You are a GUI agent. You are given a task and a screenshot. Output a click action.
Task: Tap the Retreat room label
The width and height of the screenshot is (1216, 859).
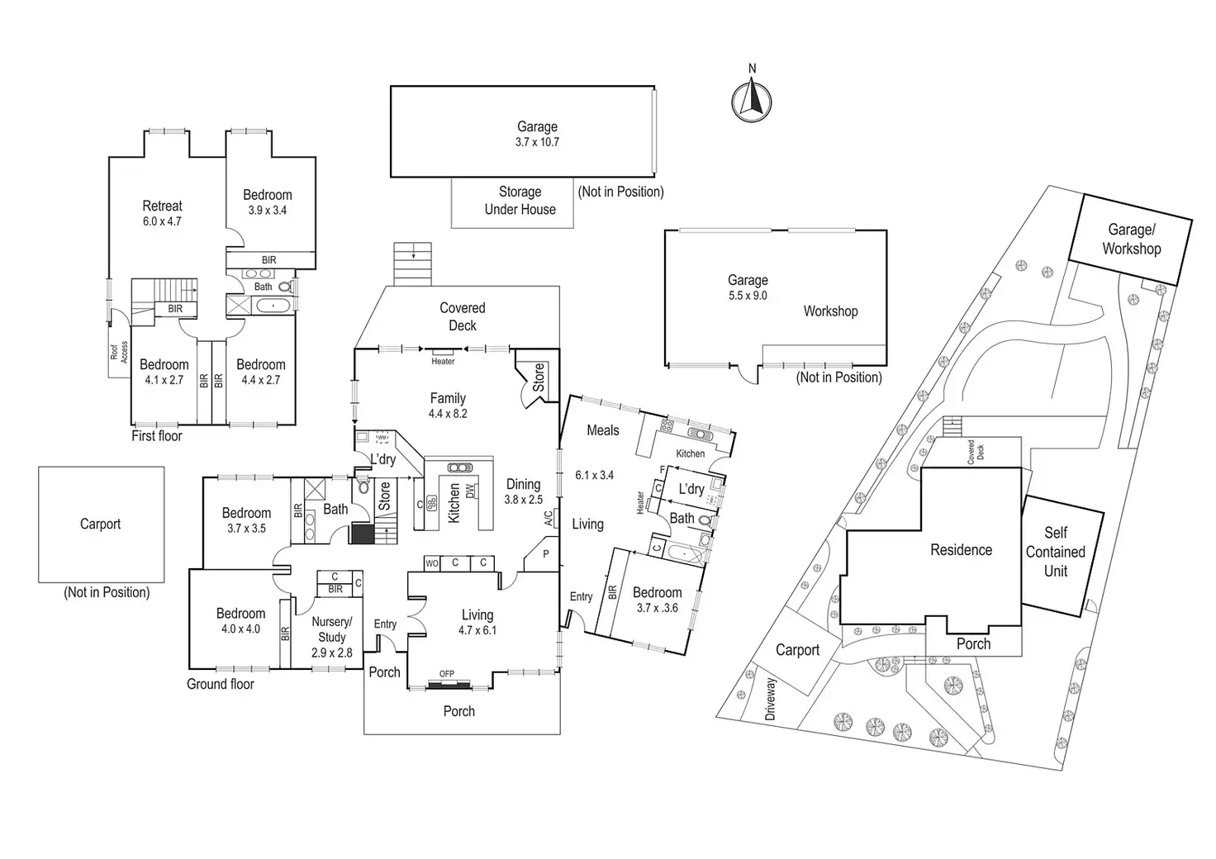(x=162, y=206)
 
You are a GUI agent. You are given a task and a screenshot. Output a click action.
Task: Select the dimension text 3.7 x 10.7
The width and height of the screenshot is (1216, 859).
(x=537, y=142)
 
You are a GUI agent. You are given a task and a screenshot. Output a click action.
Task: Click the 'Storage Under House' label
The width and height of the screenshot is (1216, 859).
(x=520, y=201)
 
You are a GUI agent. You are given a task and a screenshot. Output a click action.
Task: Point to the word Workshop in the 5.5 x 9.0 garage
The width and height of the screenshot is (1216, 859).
(x=830, y=311)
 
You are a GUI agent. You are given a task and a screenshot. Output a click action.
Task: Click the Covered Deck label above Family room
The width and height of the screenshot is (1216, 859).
(x=462, y=316)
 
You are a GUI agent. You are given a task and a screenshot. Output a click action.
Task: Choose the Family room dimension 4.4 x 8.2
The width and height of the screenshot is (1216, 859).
(x=448, y=414)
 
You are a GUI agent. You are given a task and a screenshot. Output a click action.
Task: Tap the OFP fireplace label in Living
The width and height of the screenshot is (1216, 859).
(x=447, y=674)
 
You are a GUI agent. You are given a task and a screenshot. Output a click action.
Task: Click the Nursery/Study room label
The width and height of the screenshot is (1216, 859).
(x=332, y=629)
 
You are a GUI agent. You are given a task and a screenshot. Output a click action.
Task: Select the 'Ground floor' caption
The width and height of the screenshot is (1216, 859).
(x=221, y=684)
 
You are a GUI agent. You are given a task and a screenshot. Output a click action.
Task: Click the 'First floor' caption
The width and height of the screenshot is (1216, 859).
(x=157, y=435)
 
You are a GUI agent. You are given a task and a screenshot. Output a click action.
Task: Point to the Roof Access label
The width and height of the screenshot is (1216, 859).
(x=120, y=352)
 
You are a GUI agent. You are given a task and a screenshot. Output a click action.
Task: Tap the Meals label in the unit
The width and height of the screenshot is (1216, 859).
(x=603, y=430)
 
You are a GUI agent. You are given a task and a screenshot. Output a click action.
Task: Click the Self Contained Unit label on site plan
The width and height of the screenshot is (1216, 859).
(x=1056, y=552)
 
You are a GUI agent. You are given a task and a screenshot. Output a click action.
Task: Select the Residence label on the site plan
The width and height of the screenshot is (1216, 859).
(x=961, y=550)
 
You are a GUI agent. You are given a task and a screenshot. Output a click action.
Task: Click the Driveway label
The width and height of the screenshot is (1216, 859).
(x=771, y=700)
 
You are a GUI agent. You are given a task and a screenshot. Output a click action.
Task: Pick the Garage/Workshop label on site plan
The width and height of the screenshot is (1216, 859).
(x=1131, y=240)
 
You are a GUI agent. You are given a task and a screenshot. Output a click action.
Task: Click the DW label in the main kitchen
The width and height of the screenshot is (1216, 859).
(x=471, y=491)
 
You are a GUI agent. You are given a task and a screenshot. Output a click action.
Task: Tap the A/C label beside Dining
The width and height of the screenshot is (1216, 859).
(x=548, y=519)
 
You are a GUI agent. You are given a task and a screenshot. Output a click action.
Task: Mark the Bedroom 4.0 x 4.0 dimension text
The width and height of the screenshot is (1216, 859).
(x=240, y=629)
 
